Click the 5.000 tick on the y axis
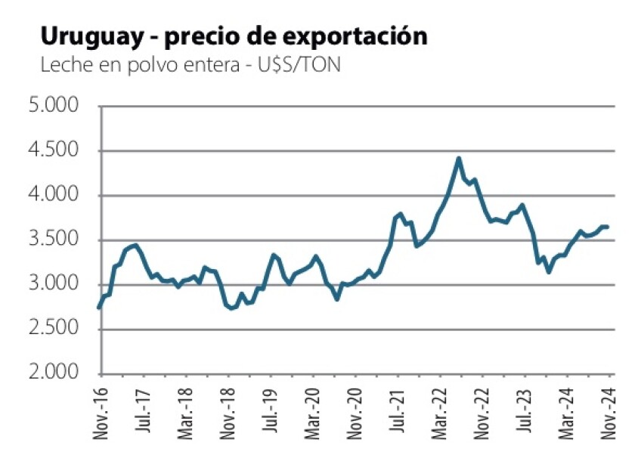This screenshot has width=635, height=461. pos(53,107)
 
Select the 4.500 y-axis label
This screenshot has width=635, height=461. pos(53,151)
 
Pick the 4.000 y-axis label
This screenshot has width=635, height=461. pos(53,196)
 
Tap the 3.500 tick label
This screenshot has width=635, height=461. pos(53,240)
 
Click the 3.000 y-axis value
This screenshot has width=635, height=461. pos(53,285)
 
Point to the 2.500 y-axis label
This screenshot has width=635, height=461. pos(53,330)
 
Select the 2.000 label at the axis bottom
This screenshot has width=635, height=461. pos(53,373)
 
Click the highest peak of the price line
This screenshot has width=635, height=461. pos(458,159)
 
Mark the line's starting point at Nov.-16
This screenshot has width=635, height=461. pos(100,308)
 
